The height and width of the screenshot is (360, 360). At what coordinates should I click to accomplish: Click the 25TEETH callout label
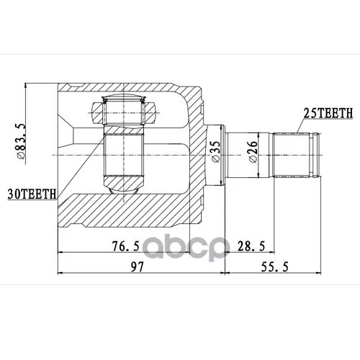[x=328, y=113]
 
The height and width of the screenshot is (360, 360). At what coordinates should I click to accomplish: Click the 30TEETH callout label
[x=32, y=194]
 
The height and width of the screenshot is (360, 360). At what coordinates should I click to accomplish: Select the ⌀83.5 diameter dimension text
[x=21, y=141]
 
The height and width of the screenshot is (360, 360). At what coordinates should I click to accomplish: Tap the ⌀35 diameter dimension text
[x=215, y=151]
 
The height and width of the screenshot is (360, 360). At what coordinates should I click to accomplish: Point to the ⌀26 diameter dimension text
[x=253, y=151]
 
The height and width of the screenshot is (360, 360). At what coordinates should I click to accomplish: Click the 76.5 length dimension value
[x=126, y=246]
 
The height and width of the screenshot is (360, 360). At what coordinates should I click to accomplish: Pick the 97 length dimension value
[x=137, y=266]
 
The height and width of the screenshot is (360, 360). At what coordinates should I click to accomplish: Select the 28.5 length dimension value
[x=251, y=246]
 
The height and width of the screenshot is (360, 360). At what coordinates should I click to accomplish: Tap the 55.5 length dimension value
[x=274, y=266]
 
